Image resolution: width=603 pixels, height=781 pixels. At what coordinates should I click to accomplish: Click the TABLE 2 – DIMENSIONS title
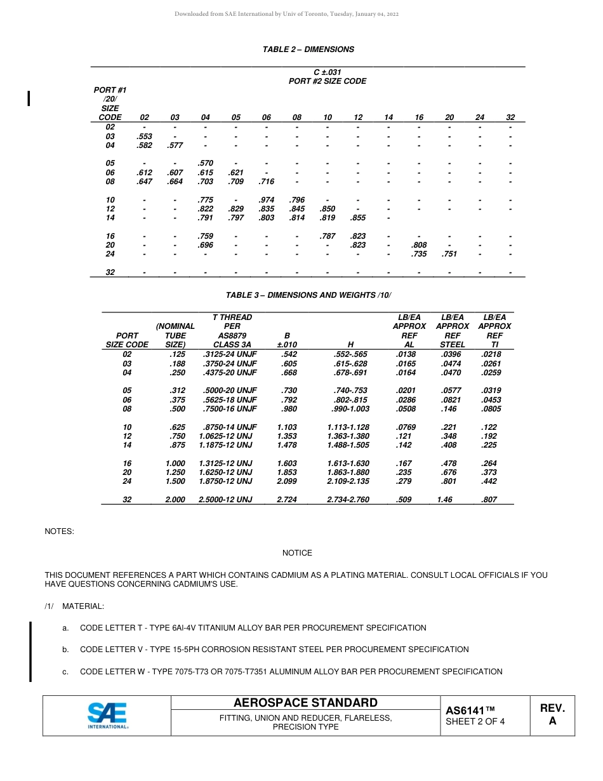pos(308,50)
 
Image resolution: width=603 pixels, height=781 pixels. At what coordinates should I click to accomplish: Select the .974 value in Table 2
pos(267,200)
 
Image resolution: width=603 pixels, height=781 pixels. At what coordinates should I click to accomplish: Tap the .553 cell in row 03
pos(144,137)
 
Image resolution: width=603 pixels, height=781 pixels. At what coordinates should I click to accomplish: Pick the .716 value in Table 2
pos(267,182)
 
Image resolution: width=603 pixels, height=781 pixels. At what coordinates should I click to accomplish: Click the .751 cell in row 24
pos(449,254)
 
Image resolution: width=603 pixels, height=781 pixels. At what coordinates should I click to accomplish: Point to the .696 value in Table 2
pos(205,245)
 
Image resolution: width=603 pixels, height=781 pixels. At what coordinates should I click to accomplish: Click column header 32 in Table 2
pos(510,117)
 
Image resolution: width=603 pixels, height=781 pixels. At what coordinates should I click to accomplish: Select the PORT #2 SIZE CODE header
pos(327,81)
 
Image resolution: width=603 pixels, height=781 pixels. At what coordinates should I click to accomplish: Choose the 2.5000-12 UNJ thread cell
pos(225,500)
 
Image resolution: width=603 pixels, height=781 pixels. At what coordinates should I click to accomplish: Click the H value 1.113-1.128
pos(348,427)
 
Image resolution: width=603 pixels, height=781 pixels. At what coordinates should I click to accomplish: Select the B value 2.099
pos(287,481)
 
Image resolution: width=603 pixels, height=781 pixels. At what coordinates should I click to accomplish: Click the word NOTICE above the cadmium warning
pos(297,553)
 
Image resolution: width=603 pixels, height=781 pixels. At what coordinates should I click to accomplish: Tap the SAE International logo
pos(107,716)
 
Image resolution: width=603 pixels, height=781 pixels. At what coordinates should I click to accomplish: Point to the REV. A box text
pos(552,714)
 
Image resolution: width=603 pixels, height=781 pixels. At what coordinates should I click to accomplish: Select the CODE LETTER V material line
pos(274,650)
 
